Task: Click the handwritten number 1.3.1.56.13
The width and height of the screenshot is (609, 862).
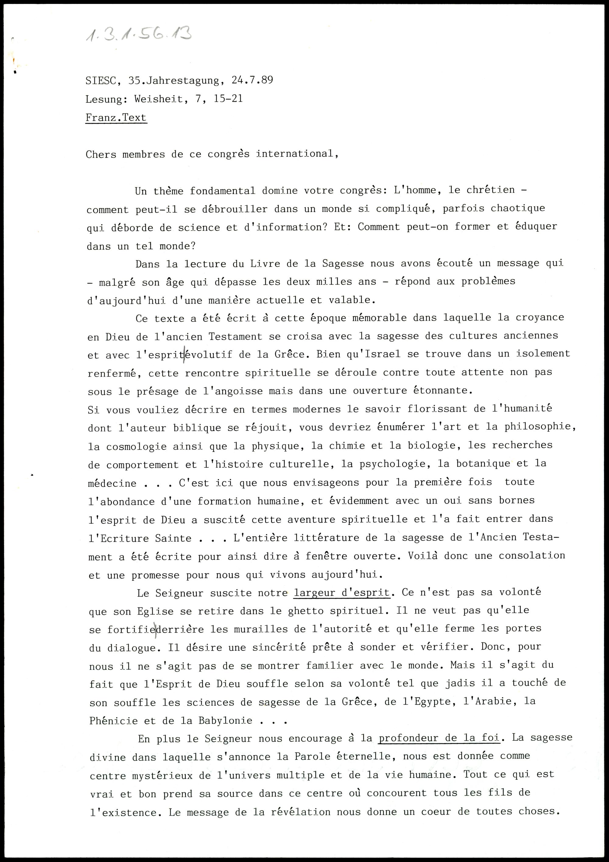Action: (138, 34)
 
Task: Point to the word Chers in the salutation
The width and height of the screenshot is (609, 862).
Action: (101, 154)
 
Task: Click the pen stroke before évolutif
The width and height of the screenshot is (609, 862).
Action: (184, 354)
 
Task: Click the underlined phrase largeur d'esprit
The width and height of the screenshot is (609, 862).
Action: (342, 593)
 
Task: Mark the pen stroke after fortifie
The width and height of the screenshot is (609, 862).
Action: (155, 629)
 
